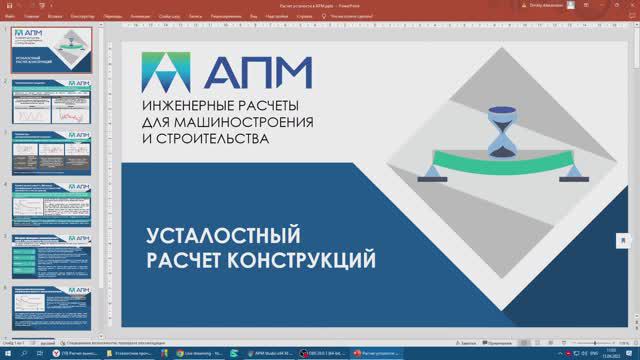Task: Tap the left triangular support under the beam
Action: pos(431,173)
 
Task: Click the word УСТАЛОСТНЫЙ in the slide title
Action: pos(223,237)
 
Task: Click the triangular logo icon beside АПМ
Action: pos(167,69)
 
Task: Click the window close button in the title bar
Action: pos(629,5)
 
